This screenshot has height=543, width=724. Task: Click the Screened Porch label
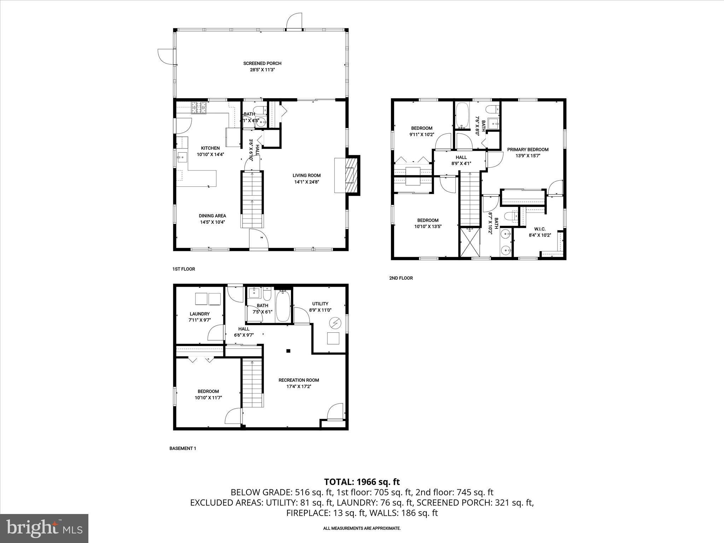click(x=262, y=63)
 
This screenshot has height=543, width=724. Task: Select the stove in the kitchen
click(x=199, y=108)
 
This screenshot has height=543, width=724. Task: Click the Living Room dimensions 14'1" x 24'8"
click(x=306, y=182)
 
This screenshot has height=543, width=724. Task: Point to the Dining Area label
click(x=212, y=216)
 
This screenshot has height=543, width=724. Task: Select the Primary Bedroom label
click(x=527, y=150)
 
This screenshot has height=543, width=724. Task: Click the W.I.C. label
click(x=539, y=229)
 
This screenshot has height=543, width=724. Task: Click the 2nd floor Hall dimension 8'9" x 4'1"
click(x=461, y=163)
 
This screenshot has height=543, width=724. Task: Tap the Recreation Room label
click(x=298, y=380)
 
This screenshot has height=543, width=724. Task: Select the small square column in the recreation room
click(x=288, y=351)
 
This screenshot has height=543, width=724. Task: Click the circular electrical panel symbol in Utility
click(x=334, y=322)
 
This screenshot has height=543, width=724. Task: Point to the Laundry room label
click(x=199, y=314)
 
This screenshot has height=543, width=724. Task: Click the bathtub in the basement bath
click(x=282, y=306)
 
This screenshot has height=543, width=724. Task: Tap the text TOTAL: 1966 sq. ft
click(x=362, y=482)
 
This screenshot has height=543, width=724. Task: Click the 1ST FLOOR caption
click(x=183, y=269)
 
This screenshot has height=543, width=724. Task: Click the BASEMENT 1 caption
click(x=182, y=448)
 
